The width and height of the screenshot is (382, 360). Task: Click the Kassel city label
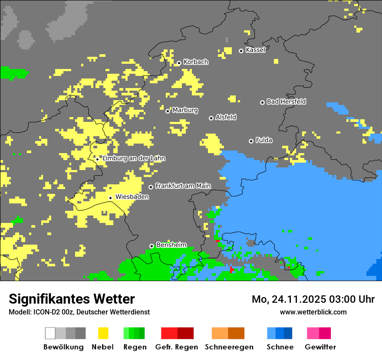pos(255,50)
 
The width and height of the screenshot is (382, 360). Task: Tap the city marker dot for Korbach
pos(179,63)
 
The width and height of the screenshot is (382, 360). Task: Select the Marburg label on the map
pos(185,110)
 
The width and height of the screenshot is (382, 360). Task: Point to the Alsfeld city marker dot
pos(211,118)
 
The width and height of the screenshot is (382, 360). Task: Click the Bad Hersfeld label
pos(286,101)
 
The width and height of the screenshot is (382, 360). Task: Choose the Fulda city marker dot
pos(251,141)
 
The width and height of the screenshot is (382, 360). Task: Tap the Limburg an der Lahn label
pos(133,158)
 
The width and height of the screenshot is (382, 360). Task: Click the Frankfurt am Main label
pos(183,186)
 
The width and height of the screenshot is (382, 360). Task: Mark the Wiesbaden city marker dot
pos(111,198)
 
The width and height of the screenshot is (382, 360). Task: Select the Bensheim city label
pos(171,245)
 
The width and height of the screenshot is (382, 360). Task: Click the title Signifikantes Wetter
pos(72,299)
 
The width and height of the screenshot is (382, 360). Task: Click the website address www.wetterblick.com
pos(313,312)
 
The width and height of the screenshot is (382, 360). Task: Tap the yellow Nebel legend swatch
pos(103,333)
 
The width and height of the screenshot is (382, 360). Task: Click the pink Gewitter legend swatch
pos(313,333)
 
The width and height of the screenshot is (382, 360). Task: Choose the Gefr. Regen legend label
pos(177,347)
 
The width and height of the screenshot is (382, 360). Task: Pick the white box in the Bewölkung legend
pos(50,333)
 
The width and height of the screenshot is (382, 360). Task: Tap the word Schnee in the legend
pos(280,347)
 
